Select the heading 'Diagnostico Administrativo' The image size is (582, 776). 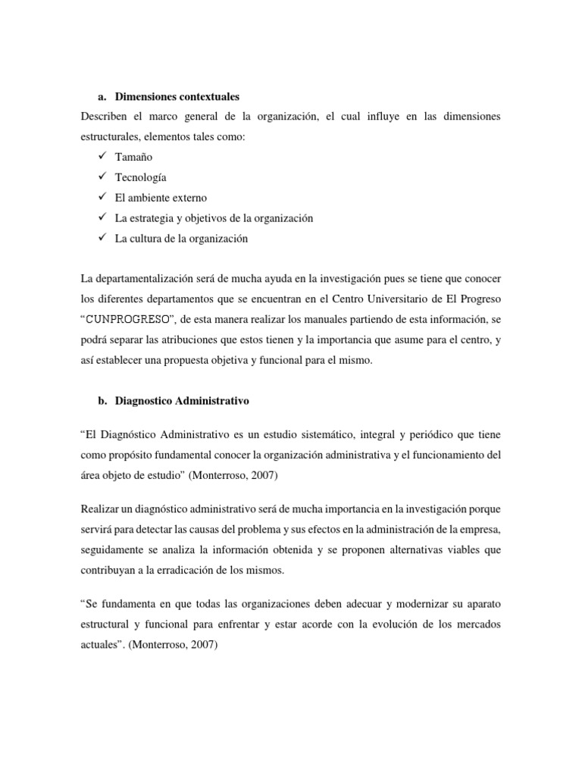click(183, 400)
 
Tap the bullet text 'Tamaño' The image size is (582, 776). click(133, 157)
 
